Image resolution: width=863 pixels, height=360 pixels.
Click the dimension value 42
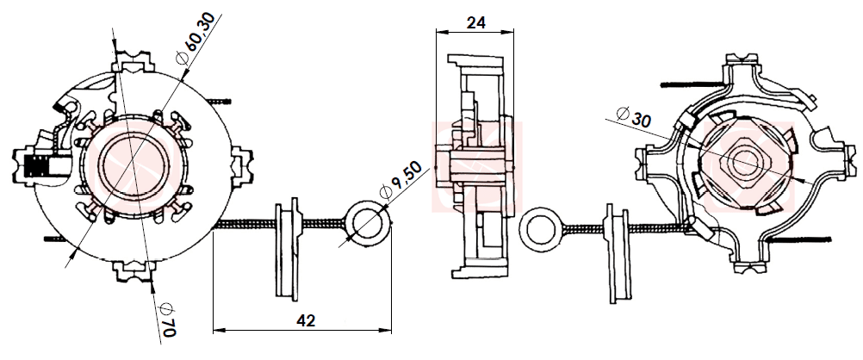305,320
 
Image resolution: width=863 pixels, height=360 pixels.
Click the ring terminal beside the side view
541,228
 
